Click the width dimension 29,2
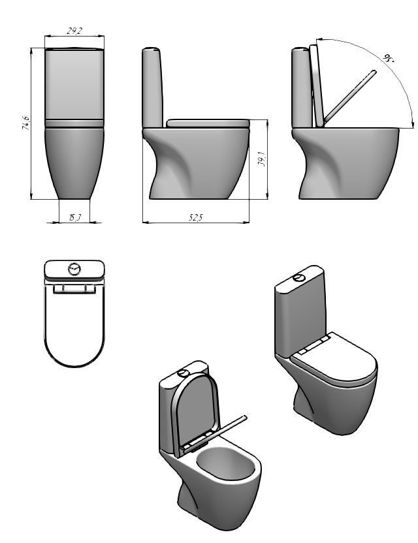(x=74, y=32)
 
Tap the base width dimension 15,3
(x=74, y=217)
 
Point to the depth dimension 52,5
(x=195, y=217)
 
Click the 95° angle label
(x=389, y=58)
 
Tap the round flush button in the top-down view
(x=74, y=268)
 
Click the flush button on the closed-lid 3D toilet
(x=299, y=277)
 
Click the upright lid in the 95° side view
(x=318, y=85)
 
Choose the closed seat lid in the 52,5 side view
(x=208, y=123)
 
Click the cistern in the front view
(x=74, y=85)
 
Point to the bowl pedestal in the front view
(x=74, y=163)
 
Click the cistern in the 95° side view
(x=301, y=88)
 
